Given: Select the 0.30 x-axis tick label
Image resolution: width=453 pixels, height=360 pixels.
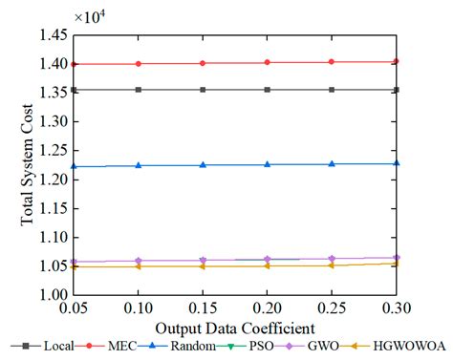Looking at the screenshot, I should (x=396, y=309).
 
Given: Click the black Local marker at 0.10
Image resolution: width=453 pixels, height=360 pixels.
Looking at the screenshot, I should (x=139, y=90).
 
